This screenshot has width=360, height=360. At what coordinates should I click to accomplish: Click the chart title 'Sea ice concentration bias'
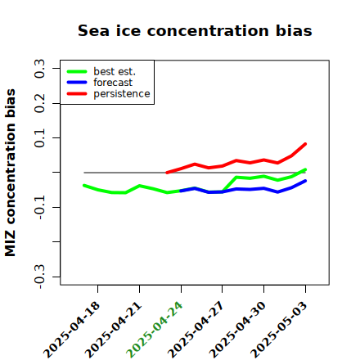pyautogui.click(x=195, y=30)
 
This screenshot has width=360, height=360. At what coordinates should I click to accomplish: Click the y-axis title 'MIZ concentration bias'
pyautogui.click(x=11, y=173)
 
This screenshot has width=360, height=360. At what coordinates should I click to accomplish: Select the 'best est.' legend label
pyautogui.click(x=115, y=71)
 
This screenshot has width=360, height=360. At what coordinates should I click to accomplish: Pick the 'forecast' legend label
pyautogui.click(x=113, y=83)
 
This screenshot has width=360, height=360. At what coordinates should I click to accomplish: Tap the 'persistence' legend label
pyautogui.click(x=122, y=94)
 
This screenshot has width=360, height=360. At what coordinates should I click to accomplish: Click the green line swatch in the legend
pyautogui.click(x=77, y=71)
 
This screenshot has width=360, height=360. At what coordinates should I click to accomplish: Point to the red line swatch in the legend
pyautogui.click(x=77, y=94)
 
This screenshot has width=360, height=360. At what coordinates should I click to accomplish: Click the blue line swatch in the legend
pyautogui.click(x=77, y=83)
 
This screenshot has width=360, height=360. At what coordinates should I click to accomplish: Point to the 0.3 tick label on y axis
pyautogui.click(x=40, y=69)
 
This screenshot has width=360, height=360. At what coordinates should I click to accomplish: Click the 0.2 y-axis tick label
pyautogui.click(x=40, y=103)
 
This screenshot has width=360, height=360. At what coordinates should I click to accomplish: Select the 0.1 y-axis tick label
pyautogui.click(x=40, y=138)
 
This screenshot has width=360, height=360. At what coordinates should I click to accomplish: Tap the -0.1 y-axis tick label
pyautogui.click(x=40, y=208)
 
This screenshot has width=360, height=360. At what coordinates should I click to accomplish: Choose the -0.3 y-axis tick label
pyautogui.click(x=40, y=277)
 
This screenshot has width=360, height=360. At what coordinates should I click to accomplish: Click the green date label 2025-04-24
pyautogui.click(x=155, y=330)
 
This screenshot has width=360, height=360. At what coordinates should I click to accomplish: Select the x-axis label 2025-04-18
pyautogui.click(x=71, y=330)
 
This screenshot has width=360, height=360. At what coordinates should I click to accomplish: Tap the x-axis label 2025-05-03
pyautogui.click(x=279, y=330)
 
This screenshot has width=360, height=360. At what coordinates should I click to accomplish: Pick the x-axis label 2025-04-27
pyautogui.click(x=196, y=330)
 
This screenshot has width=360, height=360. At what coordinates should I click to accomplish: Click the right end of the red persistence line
pyautogui.click(x=305, y=144)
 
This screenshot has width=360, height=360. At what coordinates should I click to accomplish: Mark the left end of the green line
pyautogui.click(x=84, y=186)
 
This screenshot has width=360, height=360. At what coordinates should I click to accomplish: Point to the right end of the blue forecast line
pyautogui.click(x=305, y=181)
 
